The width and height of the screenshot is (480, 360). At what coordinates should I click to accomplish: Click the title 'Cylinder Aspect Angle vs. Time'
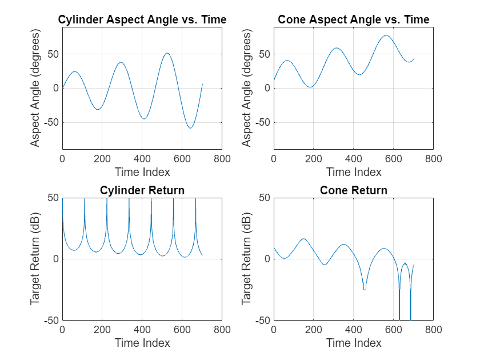tap(142, 20)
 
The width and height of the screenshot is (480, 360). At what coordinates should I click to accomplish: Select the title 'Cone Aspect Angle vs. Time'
tap(353, 20)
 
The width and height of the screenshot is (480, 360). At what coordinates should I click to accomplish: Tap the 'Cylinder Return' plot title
tap(142, 190)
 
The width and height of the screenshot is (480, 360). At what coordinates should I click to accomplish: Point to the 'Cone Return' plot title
tap(353, 190)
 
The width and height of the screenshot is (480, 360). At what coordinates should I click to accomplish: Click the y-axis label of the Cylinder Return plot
tap(35, 259)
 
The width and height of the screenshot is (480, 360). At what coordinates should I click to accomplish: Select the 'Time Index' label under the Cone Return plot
tap(353, 343)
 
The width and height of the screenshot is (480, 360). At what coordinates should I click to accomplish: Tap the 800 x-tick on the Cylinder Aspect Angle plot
tap(222, 159)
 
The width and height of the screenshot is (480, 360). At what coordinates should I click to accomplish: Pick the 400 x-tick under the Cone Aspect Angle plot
tap(353, 159)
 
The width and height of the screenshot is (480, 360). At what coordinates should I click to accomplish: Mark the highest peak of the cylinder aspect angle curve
tap(167, 54)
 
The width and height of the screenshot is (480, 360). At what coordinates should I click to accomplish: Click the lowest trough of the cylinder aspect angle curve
tap(190, 127)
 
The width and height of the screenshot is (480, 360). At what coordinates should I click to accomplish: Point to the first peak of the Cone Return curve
tap(303, 239)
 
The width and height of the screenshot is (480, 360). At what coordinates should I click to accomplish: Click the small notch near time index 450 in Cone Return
tap(365, 289)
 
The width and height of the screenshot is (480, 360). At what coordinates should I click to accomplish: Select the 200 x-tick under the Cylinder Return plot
tap(102, 330)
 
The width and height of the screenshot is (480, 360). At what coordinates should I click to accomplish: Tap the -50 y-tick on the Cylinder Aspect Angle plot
tap(51, 122)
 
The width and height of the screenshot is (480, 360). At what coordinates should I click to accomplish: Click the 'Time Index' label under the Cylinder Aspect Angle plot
tap(142, 172)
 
